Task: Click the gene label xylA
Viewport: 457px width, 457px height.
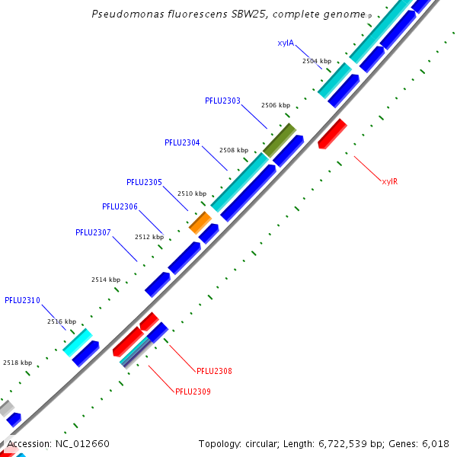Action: [x=286, y=43]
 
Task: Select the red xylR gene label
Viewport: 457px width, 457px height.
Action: [x=390, y=181]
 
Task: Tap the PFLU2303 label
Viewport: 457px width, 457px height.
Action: [x=222, y=101]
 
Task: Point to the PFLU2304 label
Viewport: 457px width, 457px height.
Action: [x=182, y=142]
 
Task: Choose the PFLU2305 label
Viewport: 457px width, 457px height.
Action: [x=144, y=182]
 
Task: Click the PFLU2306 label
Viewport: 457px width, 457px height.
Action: [x=120, y=206]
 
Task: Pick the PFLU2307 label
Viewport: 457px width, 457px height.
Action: [x=93, y=232]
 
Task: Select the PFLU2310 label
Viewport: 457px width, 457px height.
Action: [x=22, y=300]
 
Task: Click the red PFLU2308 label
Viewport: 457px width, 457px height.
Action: [x=214, y=371]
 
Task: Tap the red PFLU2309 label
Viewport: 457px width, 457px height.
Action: [x=193, y=391]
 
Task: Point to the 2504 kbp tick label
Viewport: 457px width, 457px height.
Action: [x=316, y=61]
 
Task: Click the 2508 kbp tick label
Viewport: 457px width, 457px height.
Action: [x=233, y=150]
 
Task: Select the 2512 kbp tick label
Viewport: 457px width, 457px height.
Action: [x=149, y=237]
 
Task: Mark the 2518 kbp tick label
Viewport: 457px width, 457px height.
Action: [x=18, y=363]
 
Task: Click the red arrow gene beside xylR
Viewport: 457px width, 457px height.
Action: [x=332, y=133]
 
